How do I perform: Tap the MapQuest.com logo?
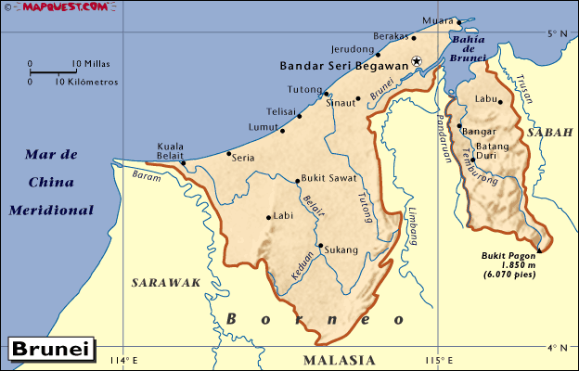click(55, 8)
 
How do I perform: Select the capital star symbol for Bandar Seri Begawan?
click(417, 61)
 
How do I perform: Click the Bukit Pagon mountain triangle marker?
click(540, 248)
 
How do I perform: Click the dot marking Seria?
click(229, 154)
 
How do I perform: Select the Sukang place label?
click(341, 249)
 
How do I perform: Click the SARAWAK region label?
click(166, 283)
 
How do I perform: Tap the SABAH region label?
click(548, 134)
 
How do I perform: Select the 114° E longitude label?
click(123, 360)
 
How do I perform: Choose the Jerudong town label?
click(352, 50)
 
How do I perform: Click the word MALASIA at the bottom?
click(340, 360)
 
